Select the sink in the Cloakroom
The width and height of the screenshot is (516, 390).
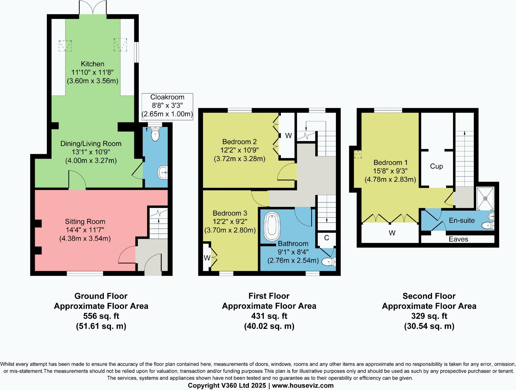pyautogui.click(x=163, y=173)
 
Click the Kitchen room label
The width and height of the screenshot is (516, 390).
pyautogui.click(x=92, y=64)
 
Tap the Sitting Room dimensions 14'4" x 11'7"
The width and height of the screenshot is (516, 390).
pyautogui.click(x=85, y=230)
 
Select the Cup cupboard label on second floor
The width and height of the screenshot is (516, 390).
pyautogui.click(x=436, y=166)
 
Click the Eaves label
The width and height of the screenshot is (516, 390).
pyautogui.click(x=458, y=239)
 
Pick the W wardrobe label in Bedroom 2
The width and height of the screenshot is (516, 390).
pyautogui.click(x=288, y=136)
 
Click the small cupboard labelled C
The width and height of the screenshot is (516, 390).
pyautogui.click(x=327, y=238)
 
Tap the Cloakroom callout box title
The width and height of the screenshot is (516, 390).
pyautogui.click(x=167, y=97)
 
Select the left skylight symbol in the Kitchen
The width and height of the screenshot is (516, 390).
pyautogui.click(x=65, y=46)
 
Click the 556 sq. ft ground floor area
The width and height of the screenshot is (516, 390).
pyautogui.click(x=101, y=316)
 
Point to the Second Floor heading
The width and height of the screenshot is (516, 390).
pyautogui.click(x=429, y=296)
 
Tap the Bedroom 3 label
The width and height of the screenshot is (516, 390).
pyautogui.click(x=230, y=213)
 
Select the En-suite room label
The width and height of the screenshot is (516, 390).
pyautogui.click(x=462, y=220)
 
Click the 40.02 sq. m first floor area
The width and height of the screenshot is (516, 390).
pyautogui.click(x=269, y=326)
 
